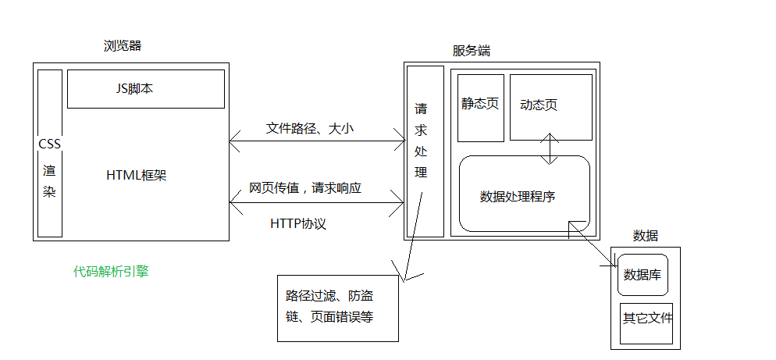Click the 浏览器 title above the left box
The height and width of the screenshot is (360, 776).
click(123, 46)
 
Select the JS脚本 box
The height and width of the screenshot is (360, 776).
click(145, 89)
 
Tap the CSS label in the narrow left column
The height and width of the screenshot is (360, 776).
click(49, 144)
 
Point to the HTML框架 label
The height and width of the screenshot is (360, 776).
click(137, 175)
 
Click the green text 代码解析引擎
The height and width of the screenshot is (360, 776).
click(111, 271)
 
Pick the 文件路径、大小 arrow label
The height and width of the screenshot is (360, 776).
click(310, 129)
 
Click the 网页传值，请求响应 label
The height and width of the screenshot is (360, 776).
click(305, 188)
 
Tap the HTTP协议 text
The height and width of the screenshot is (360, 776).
click(298, 224)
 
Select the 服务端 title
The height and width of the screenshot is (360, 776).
click(472, 51)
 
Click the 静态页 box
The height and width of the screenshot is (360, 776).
click(481, 108)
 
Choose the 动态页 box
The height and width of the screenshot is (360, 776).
click(551, 107)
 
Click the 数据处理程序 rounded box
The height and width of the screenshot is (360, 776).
click(525, 194)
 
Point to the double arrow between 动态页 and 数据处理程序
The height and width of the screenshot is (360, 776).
click(550, 148)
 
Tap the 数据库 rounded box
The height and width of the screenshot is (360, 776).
click(643, 275)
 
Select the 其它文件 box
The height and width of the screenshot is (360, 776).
click(646, 323)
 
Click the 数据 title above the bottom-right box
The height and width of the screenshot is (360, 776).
click(646, 236)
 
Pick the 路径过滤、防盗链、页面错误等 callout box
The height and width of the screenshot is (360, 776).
click(338, 308)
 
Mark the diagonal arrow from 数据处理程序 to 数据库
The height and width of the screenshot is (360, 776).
click(592, 244)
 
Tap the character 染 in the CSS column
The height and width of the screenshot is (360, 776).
click(49, 191)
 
